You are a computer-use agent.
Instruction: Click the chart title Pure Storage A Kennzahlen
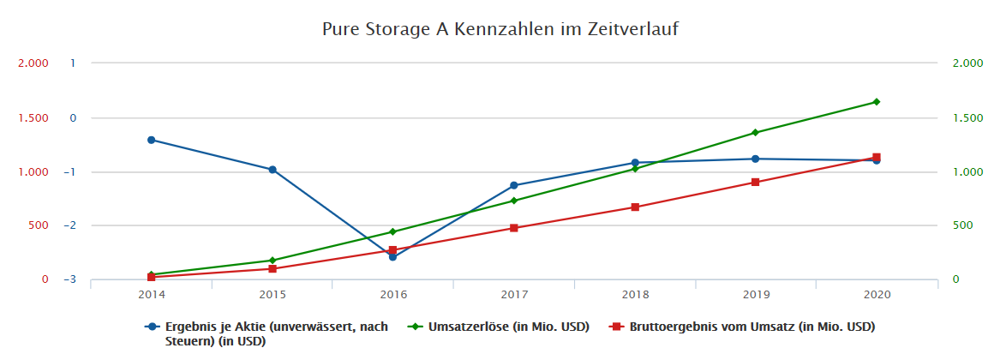coord(500,29)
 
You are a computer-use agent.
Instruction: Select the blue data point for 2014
coord(152,140)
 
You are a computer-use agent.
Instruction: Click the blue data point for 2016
coord(392,256)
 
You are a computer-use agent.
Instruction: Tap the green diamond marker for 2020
coord(876,102)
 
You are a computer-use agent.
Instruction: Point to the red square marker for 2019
coord(755,183)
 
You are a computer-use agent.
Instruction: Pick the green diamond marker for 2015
coord(272,261)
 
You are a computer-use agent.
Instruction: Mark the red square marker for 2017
coord(513,228)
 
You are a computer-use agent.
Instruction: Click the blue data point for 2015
coord(272,170)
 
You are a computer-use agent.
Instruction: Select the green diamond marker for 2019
coord(755,133)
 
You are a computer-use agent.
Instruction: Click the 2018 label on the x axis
coord(635,295)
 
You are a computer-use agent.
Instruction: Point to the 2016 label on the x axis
coord(393,295)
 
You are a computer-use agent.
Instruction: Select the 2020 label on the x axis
coord(877,295)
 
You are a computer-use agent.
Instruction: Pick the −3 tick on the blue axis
coord(70,280)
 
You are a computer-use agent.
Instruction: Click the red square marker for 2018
coord(635,207)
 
